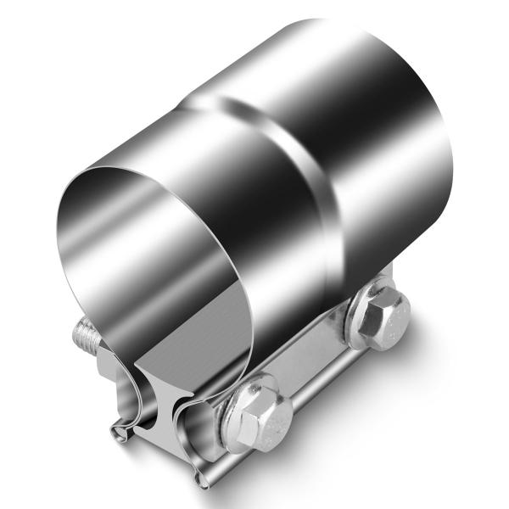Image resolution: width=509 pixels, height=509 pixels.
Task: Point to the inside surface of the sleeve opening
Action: (x=127, y=255)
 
